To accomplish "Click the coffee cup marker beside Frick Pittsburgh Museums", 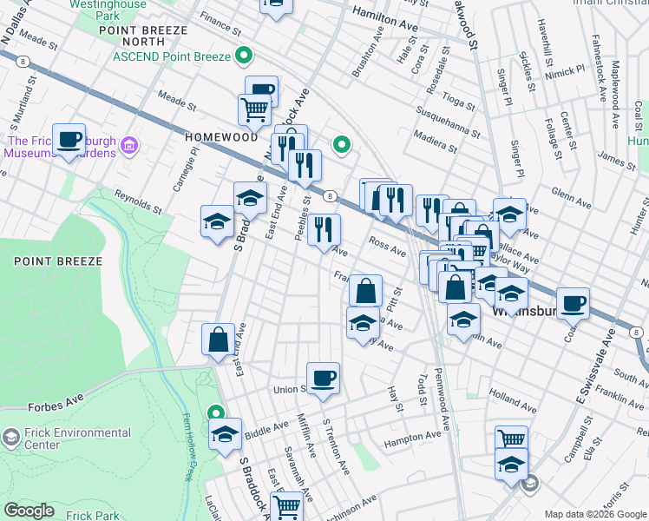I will (69, 140).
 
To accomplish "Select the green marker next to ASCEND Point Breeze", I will (245, 57).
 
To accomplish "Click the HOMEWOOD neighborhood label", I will (221, 137).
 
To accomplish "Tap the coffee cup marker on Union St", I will (323, 378).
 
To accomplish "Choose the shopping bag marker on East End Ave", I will (219, 340).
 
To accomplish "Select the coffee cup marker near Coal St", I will (573, 303).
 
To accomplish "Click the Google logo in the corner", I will (29, 511).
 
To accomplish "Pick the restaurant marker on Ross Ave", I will (324, 229).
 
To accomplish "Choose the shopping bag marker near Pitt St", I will (365, 291).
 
